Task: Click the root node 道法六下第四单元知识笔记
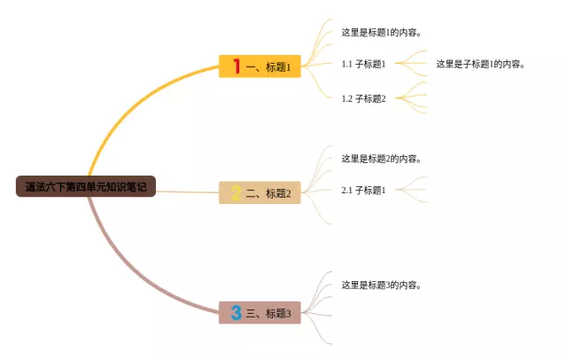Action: (85, 187)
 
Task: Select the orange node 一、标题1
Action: (260, 67)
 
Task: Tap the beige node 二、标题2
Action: (260, 192)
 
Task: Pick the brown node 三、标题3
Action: (260, 313)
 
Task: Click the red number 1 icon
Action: (237, 66)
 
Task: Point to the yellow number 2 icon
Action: (237, 192)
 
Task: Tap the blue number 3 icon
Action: (237, 313)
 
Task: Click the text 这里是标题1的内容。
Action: (381, 33)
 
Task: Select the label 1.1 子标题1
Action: (363, 64)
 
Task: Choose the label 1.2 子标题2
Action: (363, 98)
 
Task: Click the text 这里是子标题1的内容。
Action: (480, 64)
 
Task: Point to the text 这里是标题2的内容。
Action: (381, 159)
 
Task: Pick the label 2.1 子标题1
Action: (363, 190)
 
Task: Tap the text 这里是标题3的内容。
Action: (381, 285)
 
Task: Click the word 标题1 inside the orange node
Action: (278, 67)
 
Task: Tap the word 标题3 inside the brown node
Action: (278, 313)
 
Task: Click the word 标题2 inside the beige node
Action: (278, 192)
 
